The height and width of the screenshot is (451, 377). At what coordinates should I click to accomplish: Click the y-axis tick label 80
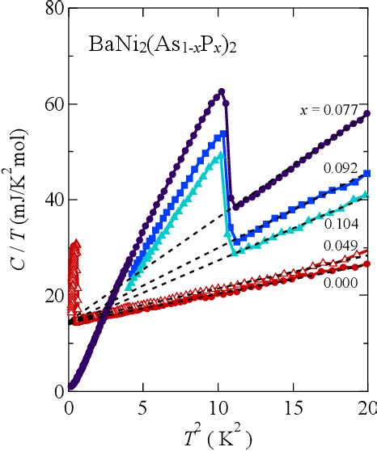click(x=53, y=10)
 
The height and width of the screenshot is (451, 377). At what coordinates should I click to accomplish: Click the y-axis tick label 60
click(x=53, y=105)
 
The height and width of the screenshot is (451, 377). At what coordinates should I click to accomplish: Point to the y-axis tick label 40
click(x=53, y=200)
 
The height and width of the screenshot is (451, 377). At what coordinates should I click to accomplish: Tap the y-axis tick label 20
click(x=53, y=295)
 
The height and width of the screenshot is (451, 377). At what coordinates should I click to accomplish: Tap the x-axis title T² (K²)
click(x=219, y=436)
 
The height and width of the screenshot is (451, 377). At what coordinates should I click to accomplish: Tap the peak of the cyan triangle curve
click(x=219, y=154)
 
